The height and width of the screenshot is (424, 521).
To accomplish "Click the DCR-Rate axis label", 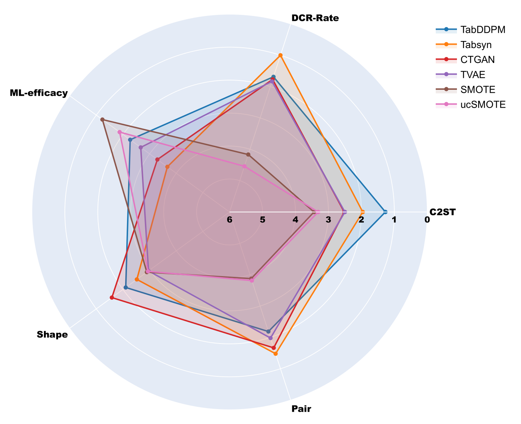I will pyautogui.click(x=315, y=18).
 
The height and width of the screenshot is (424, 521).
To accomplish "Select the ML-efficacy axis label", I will pyautogui.click(x=39, y=93).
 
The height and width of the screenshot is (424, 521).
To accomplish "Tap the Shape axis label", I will pyautogui.click(x=52, y=335).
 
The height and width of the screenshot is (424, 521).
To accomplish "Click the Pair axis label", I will pyautogui.click(x=301, y=409).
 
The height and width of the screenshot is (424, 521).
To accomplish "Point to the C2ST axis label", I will pyautogui.click(x=442, y=212).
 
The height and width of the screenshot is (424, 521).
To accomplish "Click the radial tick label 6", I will pyautogui.click(x=229, y=220).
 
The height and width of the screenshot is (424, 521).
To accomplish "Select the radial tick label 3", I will pyautogui.click(x=328, y=220).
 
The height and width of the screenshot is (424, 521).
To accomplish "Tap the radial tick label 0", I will pyautogui.click(x=427, y=220).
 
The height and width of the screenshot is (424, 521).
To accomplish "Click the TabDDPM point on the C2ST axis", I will pyautogui.click(x=385, y=212).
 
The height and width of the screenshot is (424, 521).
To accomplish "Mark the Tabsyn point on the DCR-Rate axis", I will pyautogui.click(x=280, y=56).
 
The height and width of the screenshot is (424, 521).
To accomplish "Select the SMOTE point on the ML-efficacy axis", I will pyautogui.click(x=102, y=120).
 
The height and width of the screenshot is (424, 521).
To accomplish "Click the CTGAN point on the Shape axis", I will pyautogui.click(x=111, y=297).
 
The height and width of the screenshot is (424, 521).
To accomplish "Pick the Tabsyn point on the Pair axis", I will pyautogui.click(x=276, y=354).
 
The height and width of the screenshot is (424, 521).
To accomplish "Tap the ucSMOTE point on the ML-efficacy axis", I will pyautogui.click(x=120, y=132).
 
